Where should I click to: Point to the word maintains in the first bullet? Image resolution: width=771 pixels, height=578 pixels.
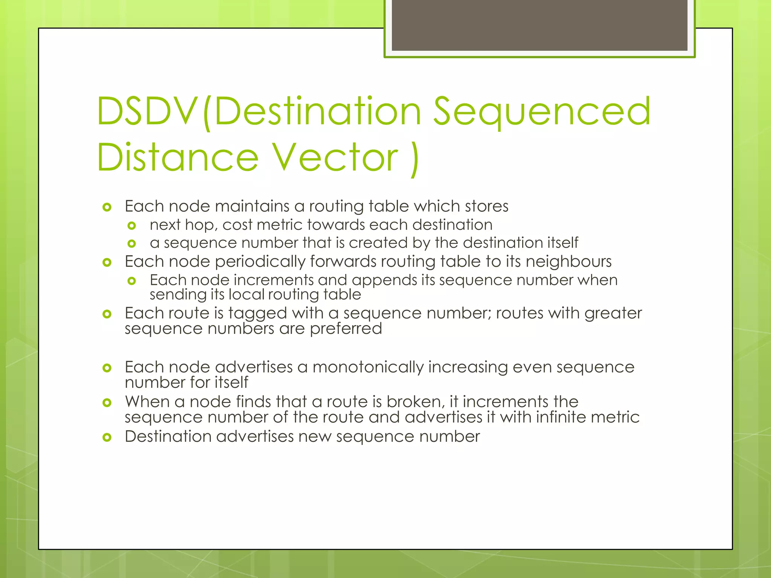click(252, 206)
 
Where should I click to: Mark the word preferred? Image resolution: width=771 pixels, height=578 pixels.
click(346, 329)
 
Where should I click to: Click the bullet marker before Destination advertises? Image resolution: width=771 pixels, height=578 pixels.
click(107, 437)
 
